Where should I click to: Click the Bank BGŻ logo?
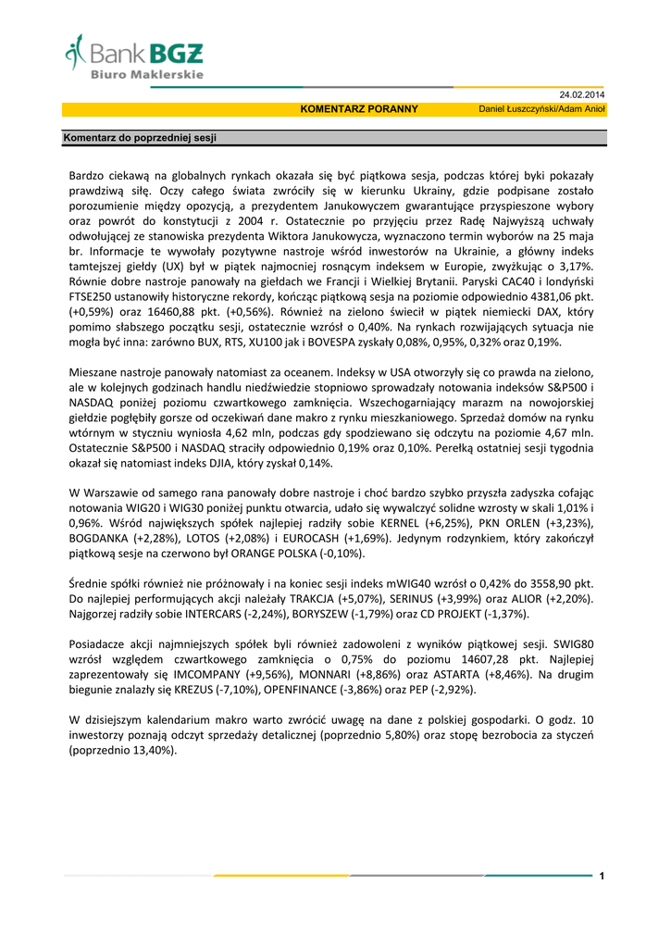click(134, 56)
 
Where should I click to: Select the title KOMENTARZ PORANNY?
click(359, 109)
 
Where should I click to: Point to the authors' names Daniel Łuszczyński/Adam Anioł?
click(541, 109)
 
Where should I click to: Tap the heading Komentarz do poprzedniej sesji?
click(139, 138)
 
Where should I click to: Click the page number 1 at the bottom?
click(602, 876)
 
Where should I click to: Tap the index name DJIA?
click(216, 462)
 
